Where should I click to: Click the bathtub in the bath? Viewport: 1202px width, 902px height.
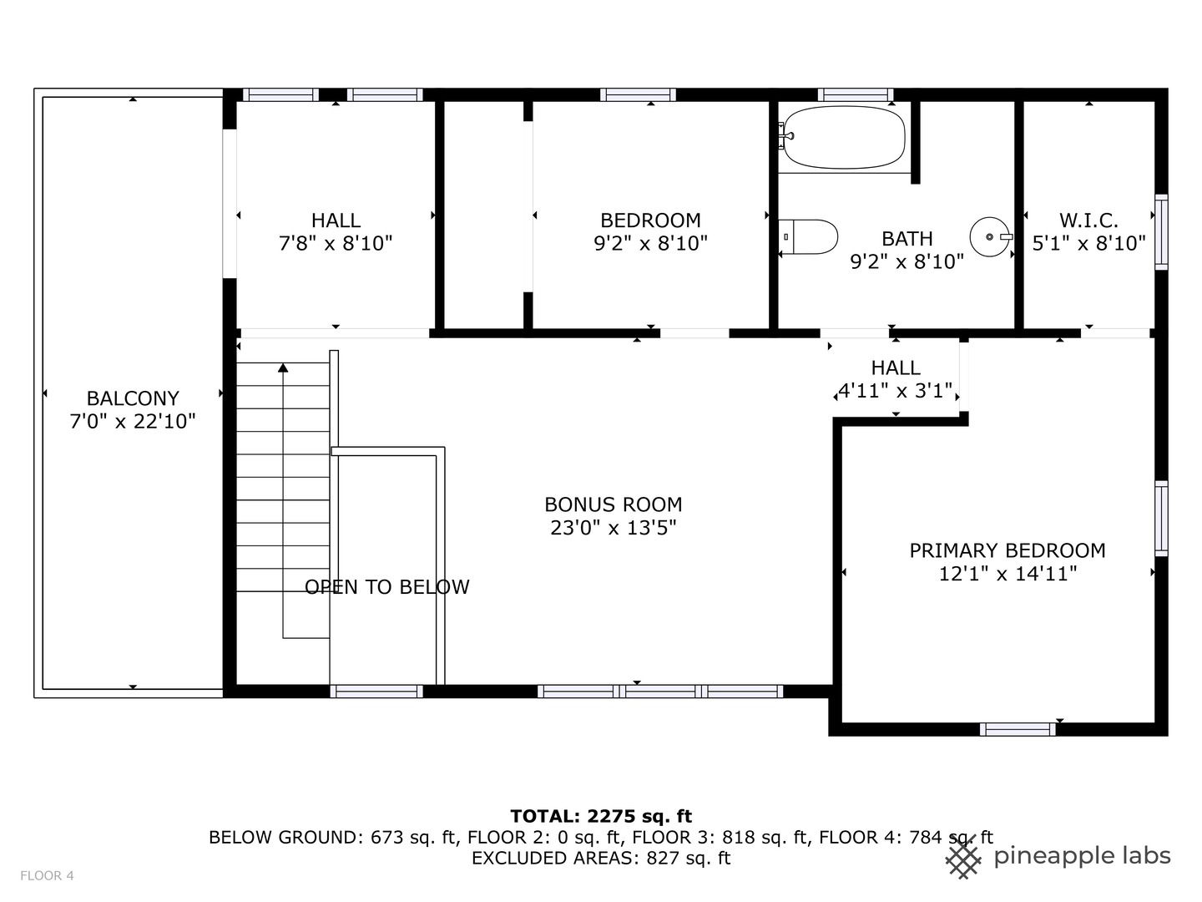click(843, 137)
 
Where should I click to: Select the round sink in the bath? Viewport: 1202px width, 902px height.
click(990, 237)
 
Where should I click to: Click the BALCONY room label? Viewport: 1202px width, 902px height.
click(133, 398)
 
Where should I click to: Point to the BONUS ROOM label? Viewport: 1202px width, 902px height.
click(613, 504)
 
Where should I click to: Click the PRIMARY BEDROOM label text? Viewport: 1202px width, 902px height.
click(1007, 550)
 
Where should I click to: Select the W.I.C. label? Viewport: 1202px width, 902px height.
click(1088, 220)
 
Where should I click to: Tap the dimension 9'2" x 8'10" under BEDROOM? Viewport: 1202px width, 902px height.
click(650, 244)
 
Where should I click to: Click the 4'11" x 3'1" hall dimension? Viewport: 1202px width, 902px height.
click(895, 390)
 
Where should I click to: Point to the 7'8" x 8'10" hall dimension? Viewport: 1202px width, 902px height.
click(336, 244)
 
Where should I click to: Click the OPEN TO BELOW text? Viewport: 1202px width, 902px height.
click(386, 587)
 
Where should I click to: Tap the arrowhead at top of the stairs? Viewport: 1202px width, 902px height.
click(283, 367)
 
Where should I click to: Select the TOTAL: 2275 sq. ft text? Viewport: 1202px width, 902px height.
click(601, 816)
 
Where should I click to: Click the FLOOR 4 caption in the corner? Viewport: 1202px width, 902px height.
click(47, 875)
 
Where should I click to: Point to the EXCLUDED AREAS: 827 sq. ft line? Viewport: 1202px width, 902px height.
click(601, 859)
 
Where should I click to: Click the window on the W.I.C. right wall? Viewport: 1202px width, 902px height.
click(1160, 232)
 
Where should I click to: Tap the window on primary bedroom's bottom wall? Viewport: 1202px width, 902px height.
click(1017, 729)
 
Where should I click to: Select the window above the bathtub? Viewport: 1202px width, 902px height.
click(855, 94)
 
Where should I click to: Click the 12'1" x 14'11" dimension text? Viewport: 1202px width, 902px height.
click(1007, 574)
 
